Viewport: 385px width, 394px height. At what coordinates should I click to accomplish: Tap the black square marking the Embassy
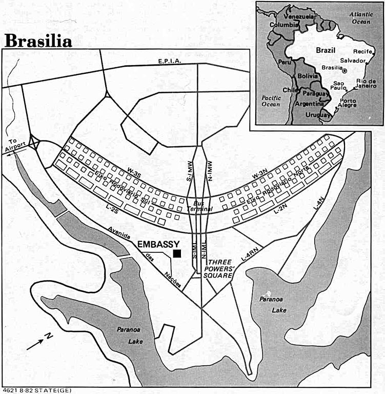(x=177, y=253)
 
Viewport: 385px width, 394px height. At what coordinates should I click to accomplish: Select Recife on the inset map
(x=366, y=52)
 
